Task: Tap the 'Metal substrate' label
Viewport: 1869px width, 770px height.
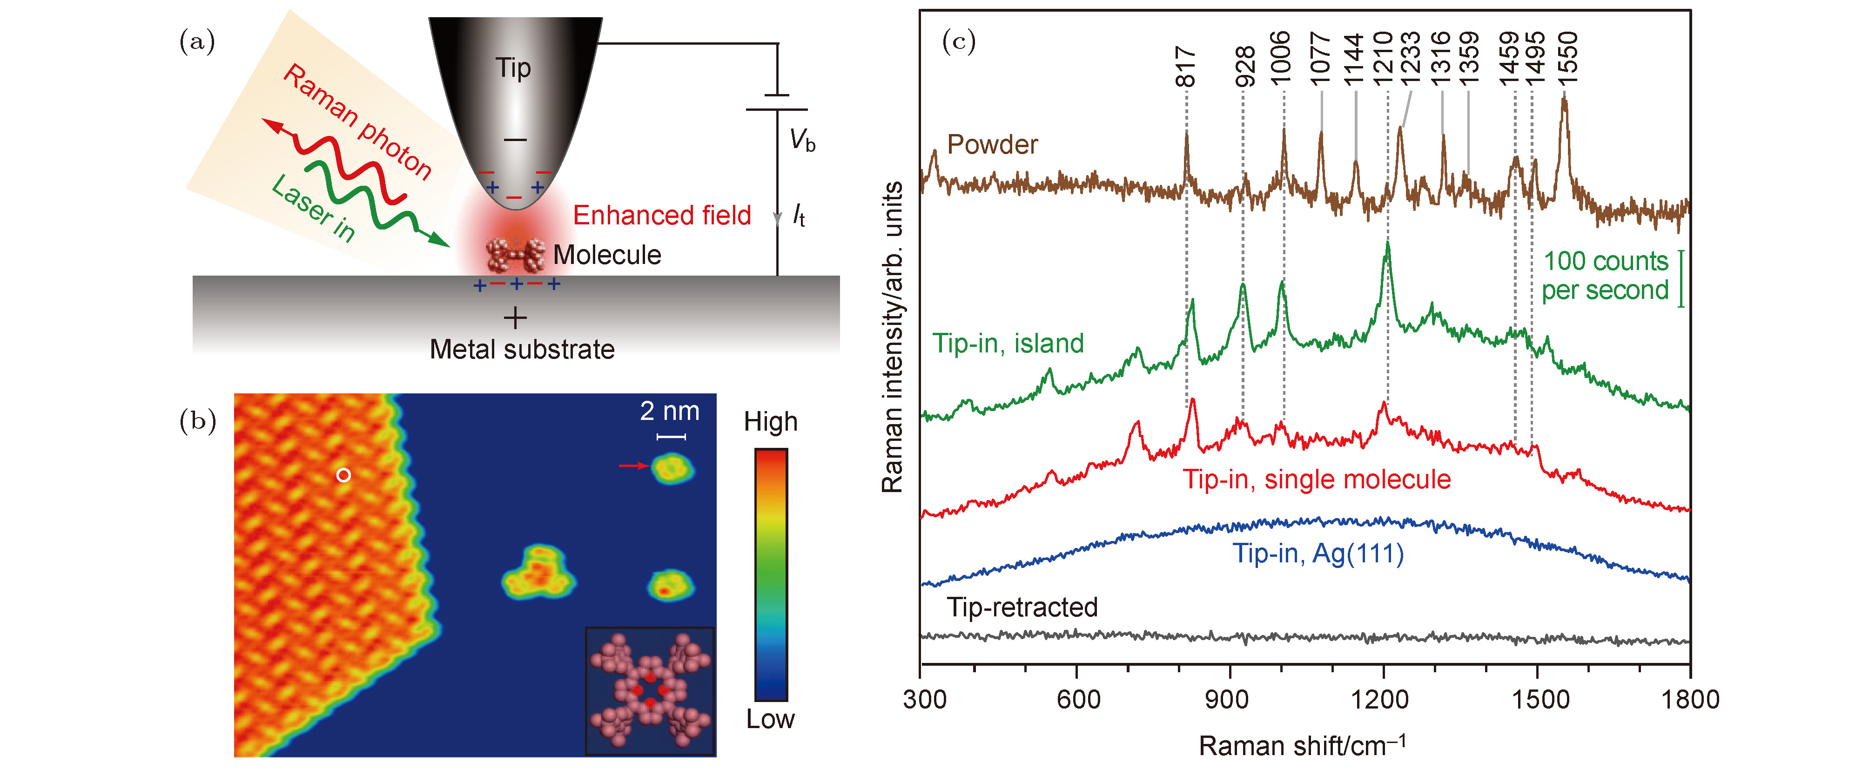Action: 522,350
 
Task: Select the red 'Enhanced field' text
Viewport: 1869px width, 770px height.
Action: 661,216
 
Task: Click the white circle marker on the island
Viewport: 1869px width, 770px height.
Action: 344,475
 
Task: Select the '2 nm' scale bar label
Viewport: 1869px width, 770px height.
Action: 669,412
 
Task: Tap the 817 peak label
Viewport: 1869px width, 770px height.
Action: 1185,66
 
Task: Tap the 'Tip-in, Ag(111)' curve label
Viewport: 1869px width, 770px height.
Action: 1318,554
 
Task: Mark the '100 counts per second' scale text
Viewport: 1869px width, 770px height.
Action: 1605,276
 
